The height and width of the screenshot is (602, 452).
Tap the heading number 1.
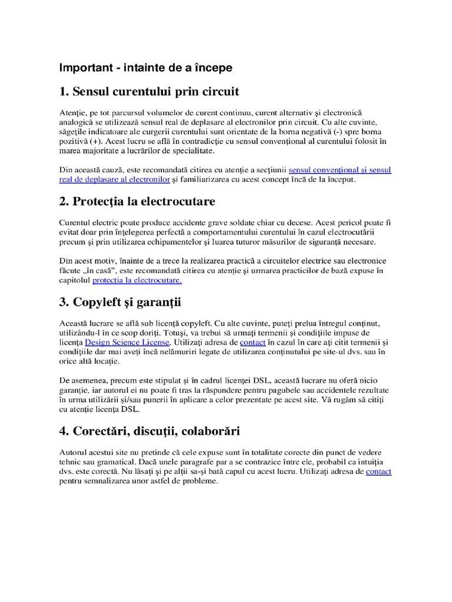click(x=63, y=92)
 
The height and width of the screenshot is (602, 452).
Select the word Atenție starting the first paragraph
click(x=72, y=112)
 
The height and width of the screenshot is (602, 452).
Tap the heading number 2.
click(x=63, y=202)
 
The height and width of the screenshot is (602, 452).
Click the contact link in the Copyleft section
click(x=252, y=342)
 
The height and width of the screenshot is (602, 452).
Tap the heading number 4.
click(x=63, y=431)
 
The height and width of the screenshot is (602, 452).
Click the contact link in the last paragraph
click(x=378, y=471)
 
